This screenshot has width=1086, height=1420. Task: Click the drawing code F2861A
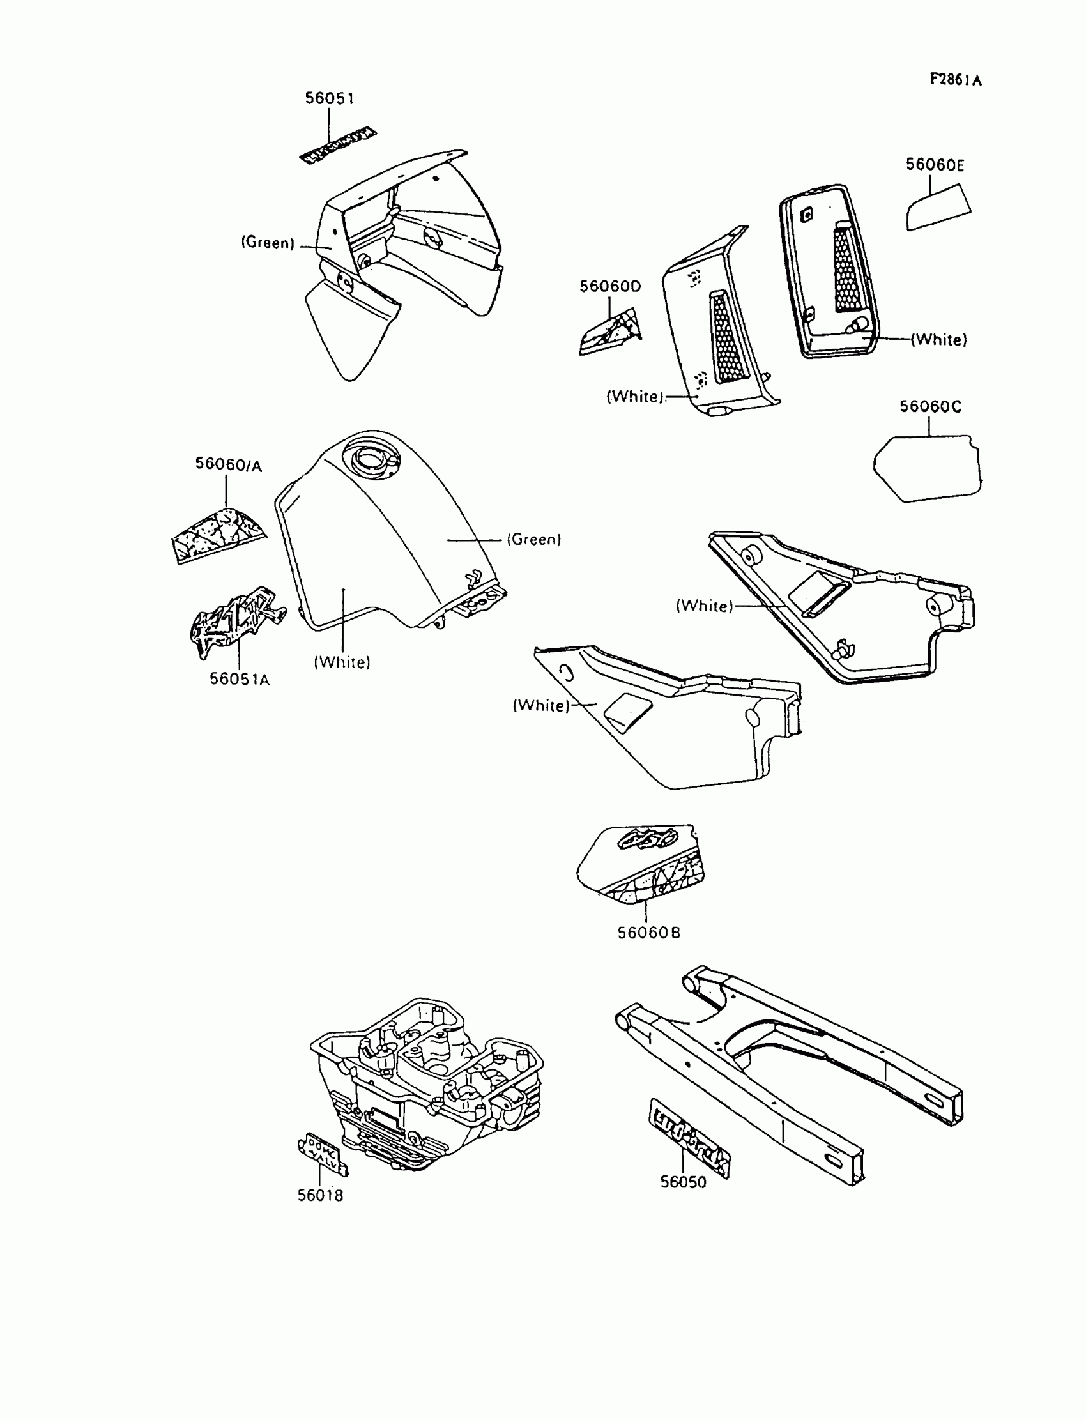point(956,79)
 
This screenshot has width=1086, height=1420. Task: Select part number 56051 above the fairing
point(329,98)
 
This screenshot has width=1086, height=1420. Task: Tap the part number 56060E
point(934,165)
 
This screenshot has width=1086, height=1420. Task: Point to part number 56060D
point(609,286)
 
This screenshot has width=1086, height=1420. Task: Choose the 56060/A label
point(228,465)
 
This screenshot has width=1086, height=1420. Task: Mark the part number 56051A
point(239,678)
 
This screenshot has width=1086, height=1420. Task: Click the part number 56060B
point(648,933)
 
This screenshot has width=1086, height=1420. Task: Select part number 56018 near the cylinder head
point(320,1195)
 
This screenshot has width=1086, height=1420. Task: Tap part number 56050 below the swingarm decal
point(683,1182)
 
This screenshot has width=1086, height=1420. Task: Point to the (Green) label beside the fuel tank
point(533,539)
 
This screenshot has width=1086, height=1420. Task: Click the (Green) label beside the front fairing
point(268,243)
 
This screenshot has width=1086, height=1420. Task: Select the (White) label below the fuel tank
point(342,662)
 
